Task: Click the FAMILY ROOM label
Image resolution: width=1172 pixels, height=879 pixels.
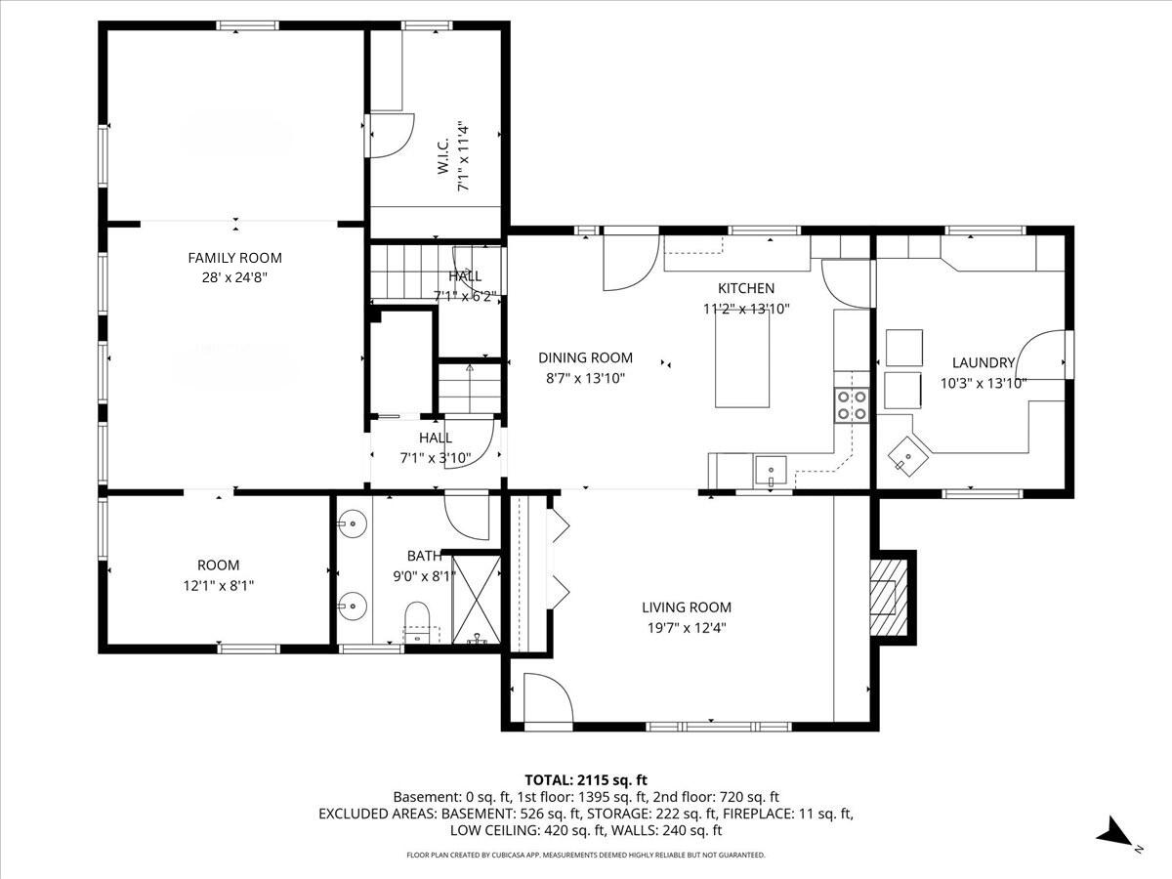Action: click(234, 258)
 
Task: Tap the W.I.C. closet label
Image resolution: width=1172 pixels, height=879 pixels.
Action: click(442, 156)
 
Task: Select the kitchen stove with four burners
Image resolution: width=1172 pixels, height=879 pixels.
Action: click(852, 404)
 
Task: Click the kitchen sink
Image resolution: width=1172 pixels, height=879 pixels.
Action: click(772, 470)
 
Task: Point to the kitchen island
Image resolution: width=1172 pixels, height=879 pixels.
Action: click(741, 361)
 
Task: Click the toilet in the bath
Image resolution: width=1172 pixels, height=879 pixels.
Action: click(417, 621)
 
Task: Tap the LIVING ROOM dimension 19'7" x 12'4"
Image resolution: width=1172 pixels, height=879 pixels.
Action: click(686, 628)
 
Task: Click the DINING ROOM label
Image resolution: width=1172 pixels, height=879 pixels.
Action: click(585, 357)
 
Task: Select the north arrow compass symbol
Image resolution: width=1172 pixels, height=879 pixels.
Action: click(1114, 833)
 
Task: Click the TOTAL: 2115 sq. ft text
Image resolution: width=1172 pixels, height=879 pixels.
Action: click(586, 779)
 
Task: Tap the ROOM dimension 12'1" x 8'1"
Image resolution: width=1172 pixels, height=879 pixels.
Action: click(218, 585)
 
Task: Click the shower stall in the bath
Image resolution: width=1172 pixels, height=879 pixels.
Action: click(477, 601)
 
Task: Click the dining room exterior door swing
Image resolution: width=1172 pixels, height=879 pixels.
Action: click(629, 261)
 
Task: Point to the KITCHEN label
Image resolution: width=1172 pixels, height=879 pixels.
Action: click(746, 288)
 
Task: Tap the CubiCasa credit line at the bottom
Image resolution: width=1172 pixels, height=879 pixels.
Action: click(586, 855)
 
